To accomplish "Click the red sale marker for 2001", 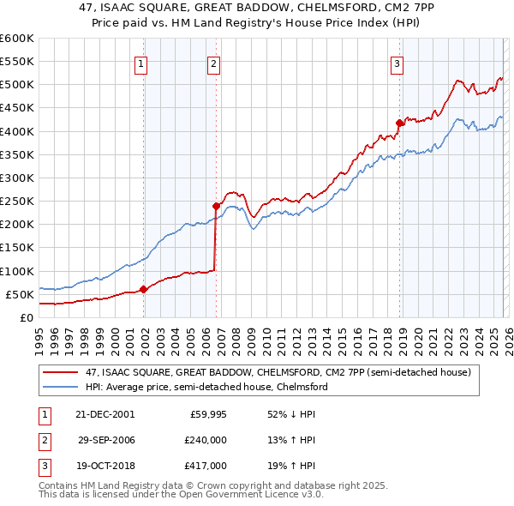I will click(x=143, y=289).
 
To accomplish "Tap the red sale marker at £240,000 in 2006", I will click(x=216, y=205).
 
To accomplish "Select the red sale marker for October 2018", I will click(x=399, y=123).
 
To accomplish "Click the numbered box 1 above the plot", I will click(x=140, y=63).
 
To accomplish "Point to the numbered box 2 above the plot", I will click(x=212, y=63).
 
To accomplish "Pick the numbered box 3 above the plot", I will click(x=397, y=63).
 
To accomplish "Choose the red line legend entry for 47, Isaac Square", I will click(x=278, y=373).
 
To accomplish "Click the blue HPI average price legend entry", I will click(x=206, y=388).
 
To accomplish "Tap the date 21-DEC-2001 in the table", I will click(x=105, y=413).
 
